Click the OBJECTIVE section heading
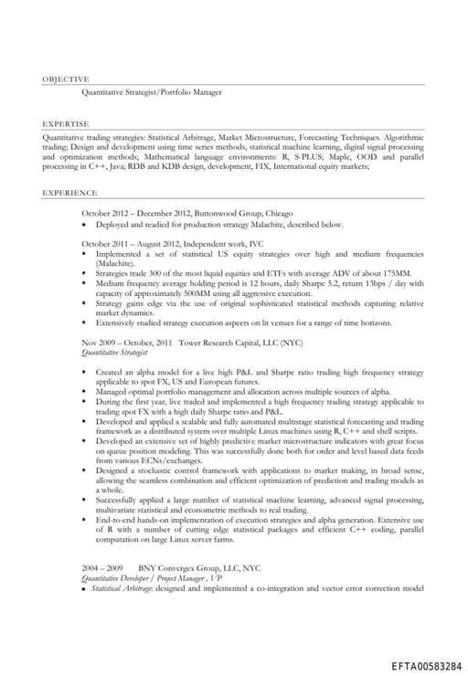click(x=66, y=79)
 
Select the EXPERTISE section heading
click(x=66, y=122)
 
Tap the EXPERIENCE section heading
click(x=69, y=193)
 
